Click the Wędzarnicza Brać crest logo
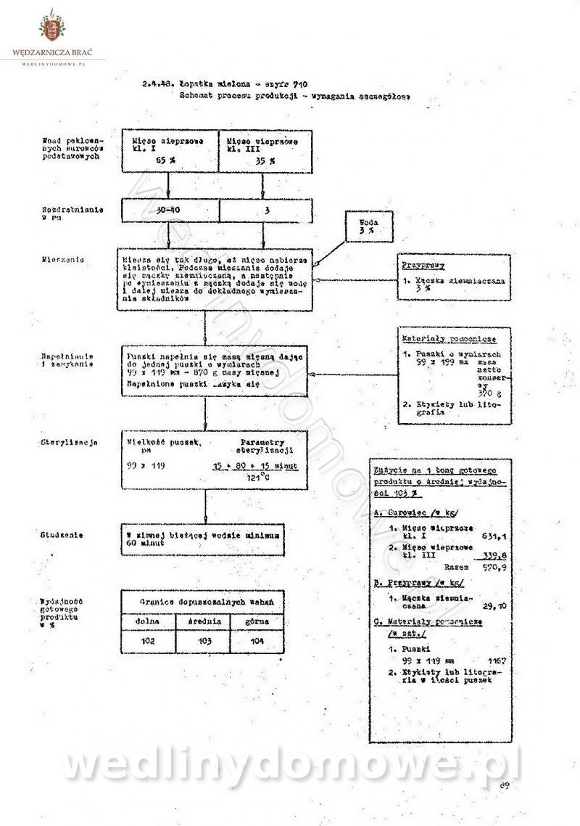click(x=54, y=29)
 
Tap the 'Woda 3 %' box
click(x=370, y=226)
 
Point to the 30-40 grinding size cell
click(x=168, y=210)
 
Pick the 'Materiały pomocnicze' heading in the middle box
click(x=449, y=339)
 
